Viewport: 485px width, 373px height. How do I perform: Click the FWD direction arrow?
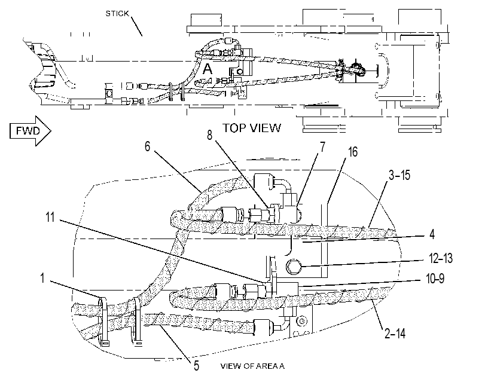[x=30, y=130]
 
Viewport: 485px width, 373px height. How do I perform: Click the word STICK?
[x=117, y=14]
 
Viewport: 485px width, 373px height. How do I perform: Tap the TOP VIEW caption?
[x=252, y=128]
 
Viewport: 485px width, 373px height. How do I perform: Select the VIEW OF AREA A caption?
[x=252, y=366]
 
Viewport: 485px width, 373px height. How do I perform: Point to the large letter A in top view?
[x=208, y=69]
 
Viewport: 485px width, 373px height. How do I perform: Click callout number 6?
[x=148, y=146]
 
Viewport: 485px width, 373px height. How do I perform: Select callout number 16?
[x=353, y=152]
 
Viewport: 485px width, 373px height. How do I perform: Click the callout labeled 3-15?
[x=399, y=175]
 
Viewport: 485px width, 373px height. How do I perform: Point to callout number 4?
[x=432, y=234]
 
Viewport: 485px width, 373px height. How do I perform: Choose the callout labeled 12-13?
[x=441, y=258]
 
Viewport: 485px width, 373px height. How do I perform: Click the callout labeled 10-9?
[x=435, y=279]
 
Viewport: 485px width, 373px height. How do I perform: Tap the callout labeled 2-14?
[x=395, y=334]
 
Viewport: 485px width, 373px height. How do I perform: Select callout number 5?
[x=196, y=366]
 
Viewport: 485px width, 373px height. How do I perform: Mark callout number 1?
[x=42, y=278]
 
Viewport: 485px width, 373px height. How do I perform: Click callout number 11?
[x=50, y=217]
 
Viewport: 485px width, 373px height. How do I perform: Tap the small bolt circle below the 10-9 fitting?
[x=301, y=321]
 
